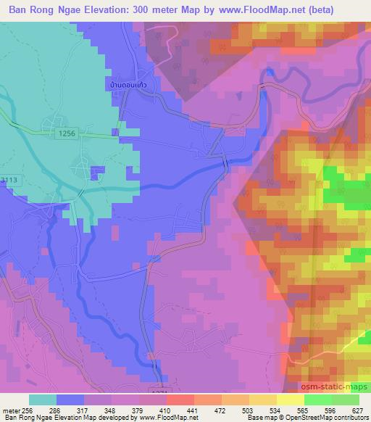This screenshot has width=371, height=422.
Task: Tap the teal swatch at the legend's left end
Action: point(43,400)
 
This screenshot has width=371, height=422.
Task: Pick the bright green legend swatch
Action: point(317,400)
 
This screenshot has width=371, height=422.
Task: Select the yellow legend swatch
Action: point(290,400)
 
